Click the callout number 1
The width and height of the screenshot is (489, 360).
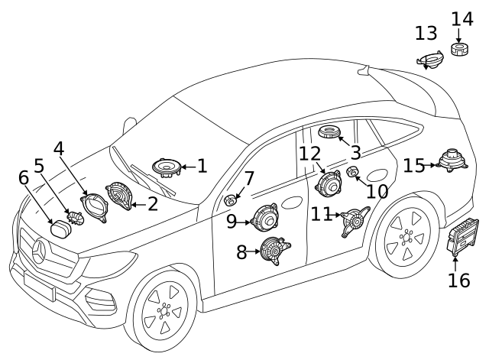pos(202,166)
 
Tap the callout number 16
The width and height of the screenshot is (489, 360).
pos(458,281)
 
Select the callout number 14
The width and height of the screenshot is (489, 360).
pos(461,18)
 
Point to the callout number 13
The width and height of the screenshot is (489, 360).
pos(426,34)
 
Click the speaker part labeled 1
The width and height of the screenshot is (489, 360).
pos(167,167)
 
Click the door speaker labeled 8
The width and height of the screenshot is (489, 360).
pos(274,250)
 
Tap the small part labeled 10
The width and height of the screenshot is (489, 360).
pos(354,173)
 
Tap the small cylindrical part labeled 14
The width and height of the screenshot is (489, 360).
pos(460,50)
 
